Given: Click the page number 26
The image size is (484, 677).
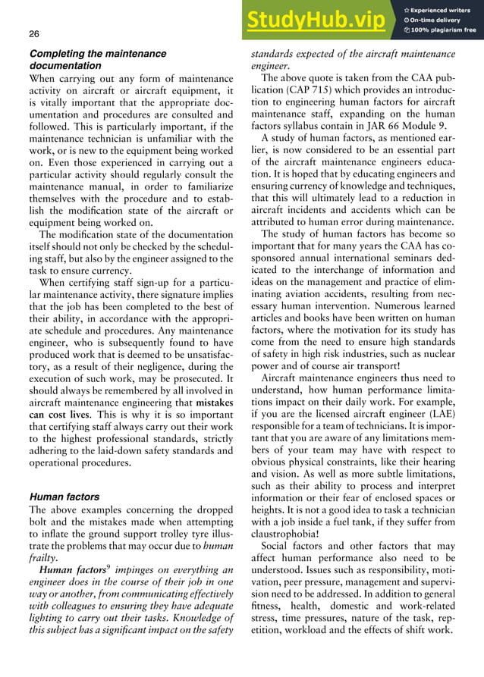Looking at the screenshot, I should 34,35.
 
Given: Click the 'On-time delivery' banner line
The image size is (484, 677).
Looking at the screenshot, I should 440,20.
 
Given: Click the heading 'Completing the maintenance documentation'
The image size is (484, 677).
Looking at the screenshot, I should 97,60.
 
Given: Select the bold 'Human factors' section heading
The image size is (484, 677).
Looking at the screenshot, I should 64,497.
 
